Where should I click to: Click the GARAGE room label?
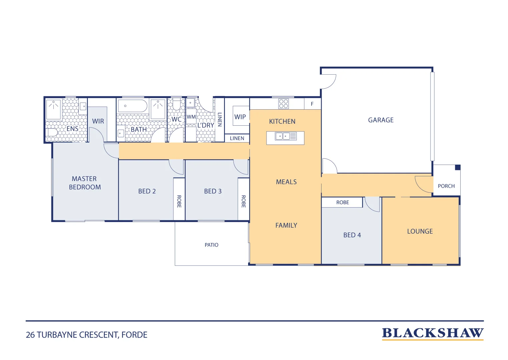tap(381, 120)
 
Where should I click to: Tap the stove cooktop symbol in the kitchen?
tap(284, 104)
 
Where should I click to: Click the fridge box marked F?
tap(313, 104)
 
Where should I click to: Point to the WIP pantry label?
tap(240, 117)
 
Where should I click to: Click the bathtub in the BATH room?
tap(132, 106)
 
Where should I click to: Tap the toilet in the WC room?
tap(176, 104)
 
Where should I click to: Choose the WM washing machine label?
tap(191, 117)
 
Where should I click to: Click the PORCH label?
tap(446, 186)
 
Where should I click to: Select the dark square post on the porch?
tap(458, 167)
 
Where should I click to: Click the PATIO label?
tap(211, 245)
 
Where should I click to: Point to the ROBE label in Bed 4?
tap(343, 202)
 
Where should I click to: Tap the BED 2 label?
tap(147, 191)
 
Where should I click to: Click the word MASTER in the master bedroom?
tap(84, 179)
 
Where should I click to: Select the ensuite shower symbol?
tap(53, 109)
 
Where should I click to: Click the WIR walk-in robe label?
tap(98, 121)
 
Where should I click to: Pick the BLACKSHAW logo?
tap(433, 333)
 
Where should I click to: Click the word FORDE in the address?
tap(134, 335)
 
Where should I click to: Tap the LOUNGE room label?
tap(420, 231)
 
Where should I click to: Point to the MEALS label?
tap(286, 182)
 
